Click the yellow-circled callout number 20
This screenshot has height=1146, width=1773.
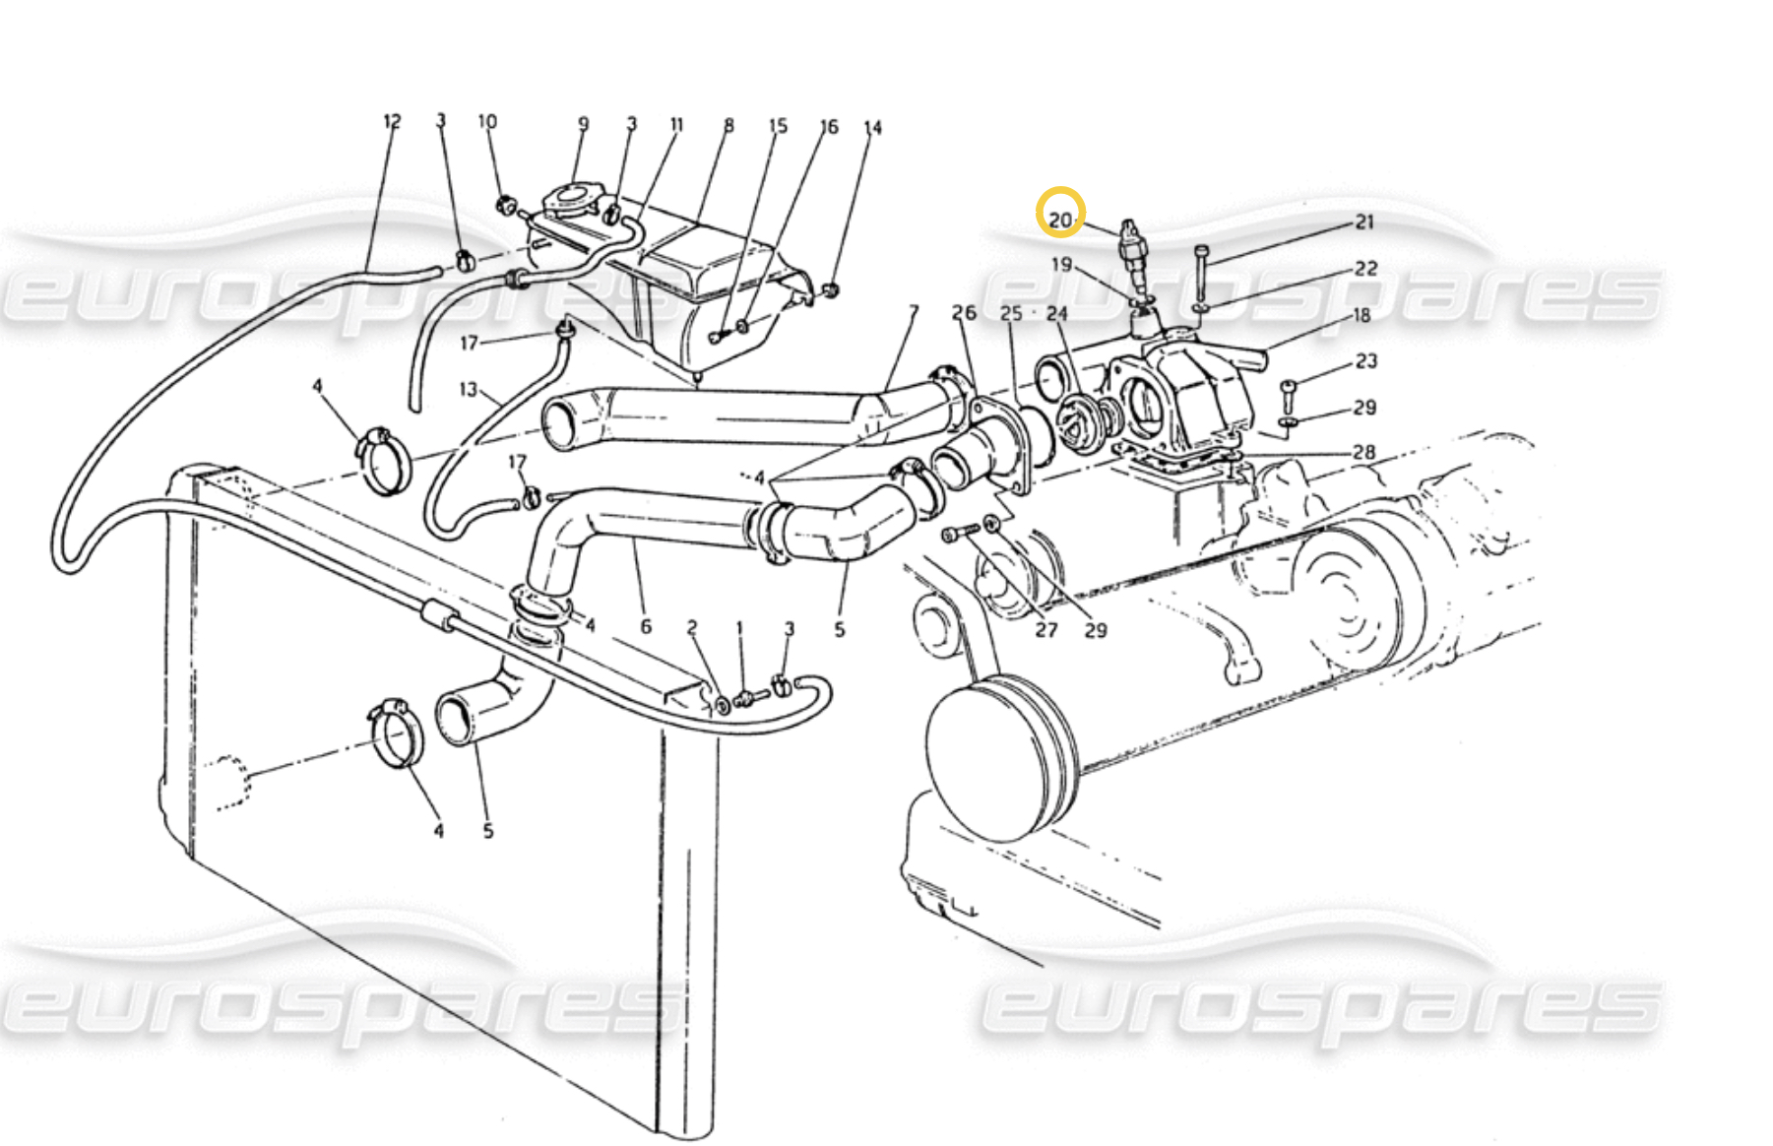pos(1059,219)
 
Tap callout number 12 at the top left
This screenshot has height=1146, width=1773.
pos(392,121)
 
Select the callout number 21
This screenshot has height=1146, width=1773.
pos(1364,223)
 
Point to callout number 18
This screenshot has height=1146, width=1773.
pos(1361,315)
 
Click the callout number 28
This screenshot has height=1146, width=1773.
pos(1363,452)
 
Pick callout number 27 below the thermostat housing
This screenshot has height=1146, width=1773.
pos(1045,629)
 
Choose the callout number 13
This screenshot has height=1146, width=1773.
pos(468,390)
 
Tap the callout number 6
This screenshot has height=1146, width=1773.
pos(646,626)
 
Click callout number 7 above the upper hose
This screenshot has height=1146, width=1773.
pos(914,312)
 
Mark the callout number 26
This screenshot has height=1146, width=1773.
pos(964,313)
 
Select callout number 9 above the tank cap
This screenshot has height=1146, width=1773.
pos(583,124)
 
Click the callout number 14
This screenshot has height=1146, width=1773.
pos(872,128)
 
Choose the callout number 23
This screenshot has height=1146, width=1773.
pos(1366,361)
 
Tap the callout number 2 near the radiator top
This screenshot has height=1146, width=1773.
pos(692,627)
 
